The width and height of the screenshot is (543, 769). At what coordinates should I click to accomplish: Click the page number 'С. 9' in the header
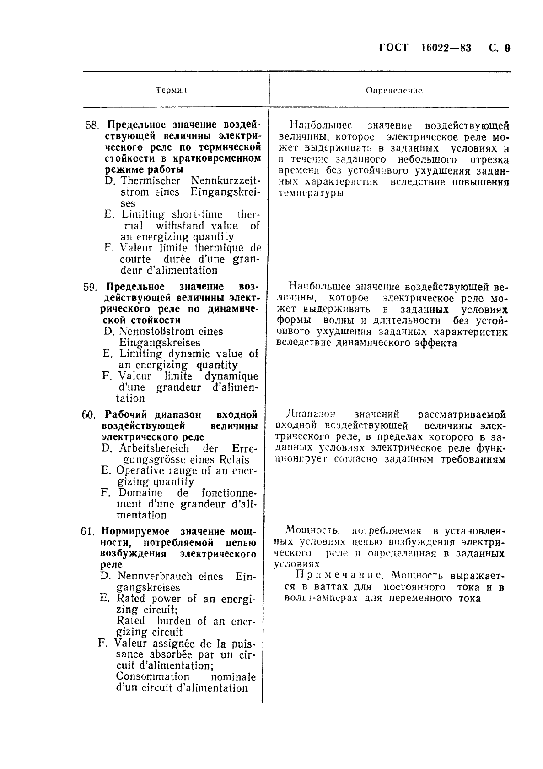(499, 48)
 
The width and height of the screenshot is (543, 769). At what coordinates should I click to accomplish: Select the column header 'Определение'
(394, 91)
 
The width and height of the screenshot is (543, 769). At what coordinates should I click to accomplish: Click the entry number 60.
(88, 415)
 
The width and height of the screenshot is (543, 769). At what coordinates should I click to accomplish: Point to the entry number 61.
(87, 532)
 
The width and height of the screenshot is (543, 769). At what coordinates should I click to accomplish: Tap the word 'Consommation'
(152, 676)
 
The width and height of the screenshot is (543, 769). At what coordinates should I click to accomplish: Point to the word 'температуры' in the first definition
(311, 193)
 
